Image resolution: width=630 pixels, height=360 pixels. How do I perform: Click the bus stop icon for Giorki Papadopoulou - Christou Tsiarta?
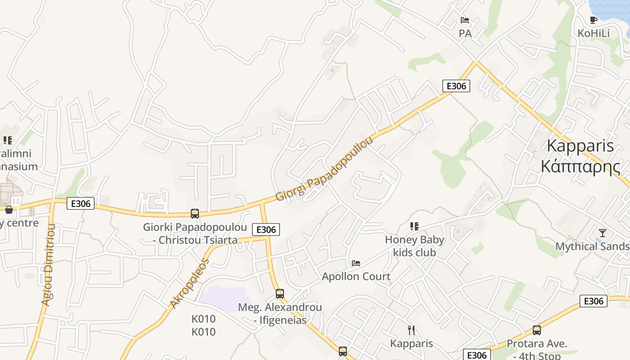[195, 213]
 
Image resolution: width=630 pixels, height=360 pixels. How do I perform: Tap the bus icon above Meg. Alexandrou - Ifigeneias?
[280, 294]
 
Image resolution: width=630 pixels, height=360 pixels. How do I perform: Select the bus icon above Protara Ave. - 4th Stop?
[537, 330]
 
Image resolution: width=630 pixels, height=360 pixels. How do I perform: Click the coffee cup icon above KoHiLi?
[594, 20]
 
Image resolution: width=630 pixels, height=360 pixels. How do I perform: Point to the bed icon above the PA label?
[465, 20]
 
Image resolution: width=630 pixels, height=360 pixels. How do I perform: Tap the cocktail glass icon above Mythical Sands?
[603, 233]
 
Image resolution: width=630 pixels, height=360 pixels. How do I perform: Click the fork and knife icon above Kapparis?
[411, 330]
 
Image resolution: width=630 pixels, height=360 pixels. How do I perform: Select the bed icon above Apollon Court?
[356, 263]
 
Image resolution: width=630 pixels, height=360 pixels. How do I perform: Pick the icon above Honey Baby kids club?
[414, 226]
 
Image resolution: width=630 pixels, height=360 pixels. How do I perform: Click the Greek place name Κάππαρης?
[580, 166]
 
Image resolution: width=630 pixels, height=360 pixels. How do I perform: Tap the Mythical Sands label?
[592, 247]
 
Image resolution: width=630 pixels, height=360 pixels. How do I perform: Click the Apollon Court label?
[356, 276]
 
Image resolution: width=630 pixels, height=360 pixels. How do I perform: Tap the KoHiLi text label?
[594, 33]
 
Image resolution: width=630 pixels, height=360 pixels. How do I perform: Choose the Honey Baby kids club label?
[414, 246]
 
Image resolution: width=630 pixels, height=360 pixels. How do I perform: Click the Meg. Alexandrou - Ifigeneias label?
[280, 314]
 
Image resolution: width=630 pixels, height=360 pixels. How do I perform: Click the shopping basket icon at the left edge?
[9, 210]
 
